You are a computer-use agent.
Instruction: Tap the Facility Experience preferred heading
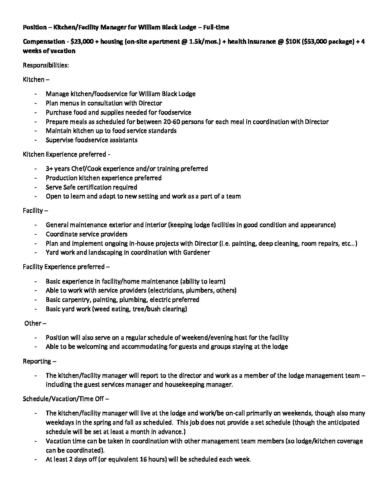(x=64, y=267)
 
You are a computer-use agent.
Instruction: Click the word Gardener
(x=196, y=252)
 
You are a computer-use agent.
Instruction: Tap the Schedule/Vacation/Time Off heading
(x=63, y=399)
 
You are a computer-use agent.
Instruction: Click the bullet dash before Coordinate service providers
(x=35, y=234)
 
